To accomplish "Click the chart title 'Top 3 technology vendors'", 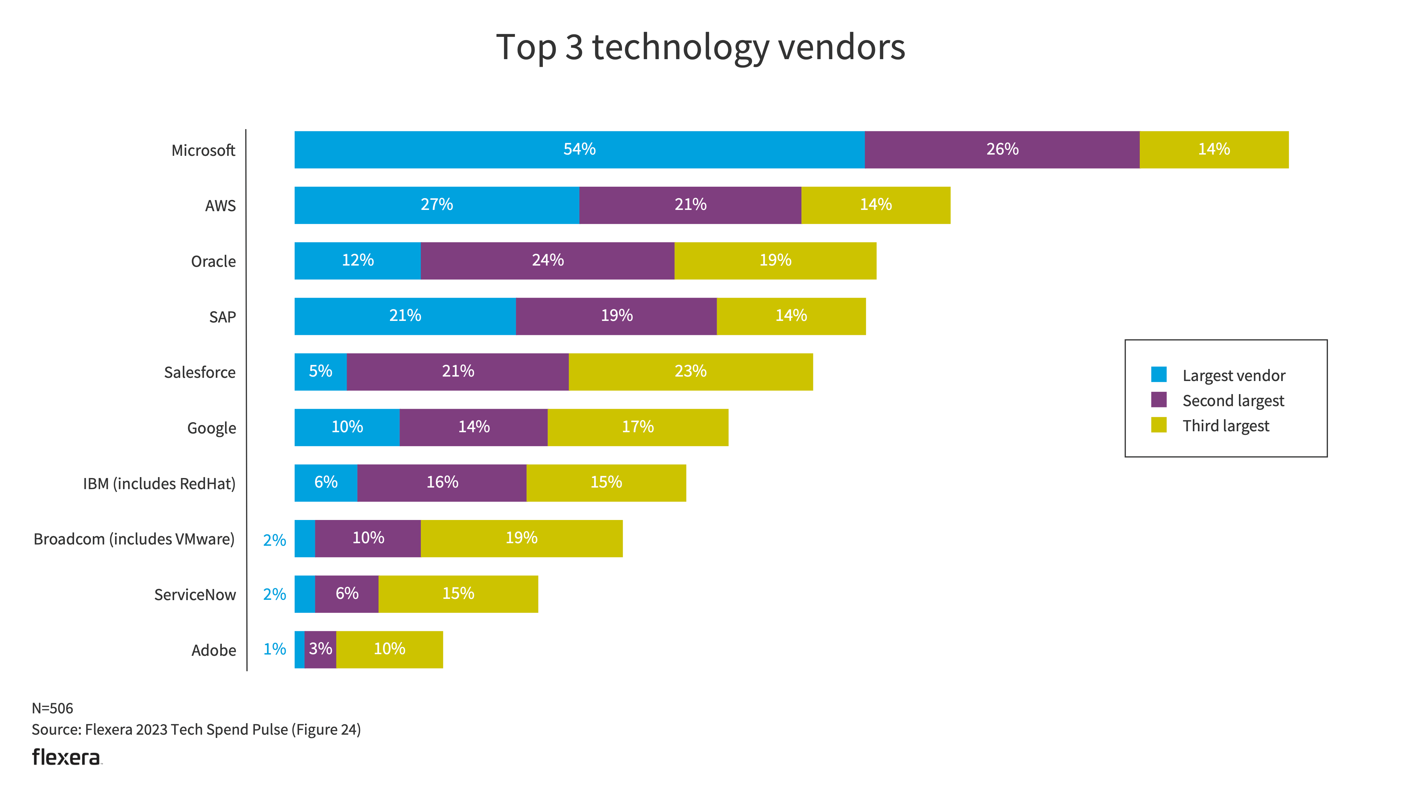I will click(x=701, y=47).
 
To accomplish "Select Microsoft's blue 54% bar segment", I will click(x=579, y=149).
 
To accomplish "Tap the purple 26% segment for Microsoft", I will click(x=1002, y=149).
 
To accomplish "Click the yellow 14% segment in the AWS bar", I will click(x=876, y=205).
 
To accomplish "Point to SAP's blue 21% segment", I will click(x=405, y=316).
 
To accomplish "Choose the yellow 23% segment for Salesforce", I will click(x=690, y=371).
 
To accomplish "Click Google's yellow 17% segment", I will click(x=638, y=427).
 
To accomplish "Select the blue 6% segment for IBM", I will click(x=326, y=482).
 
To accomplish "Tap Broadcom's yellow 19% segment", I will click(x=521, y=538).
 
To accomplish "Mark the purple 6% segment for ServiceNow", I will click(x=347, y=594).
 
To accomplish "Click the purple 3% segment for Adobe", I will click(x=320, y=649).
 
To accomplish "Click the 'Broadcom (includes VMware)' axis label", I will click(x=134, y=539).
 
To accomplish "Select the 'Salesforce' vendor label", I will click(x=200, y=373).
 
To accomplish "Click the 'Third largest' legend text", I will click(x=1226, y=426).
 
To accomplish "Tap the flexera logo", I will click(x=66, y=758).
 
